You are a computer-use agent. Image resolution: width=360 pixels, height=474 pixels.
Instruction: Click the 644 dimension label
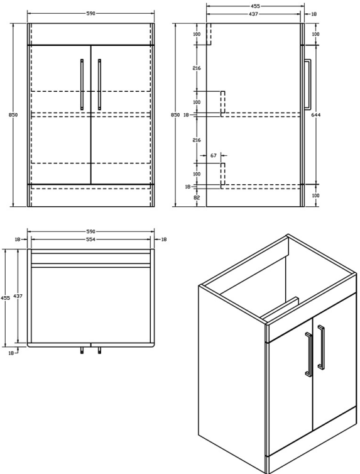pyautogui.click(x=315, y=115)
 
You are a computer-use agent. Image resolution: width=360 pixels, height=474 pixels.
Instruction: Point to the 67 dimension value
pyautogui.click(x=214, y=155)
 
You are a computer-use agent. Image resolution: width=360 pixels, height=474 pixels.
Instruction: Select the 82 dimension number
pyautogui.click(x=196, y=197)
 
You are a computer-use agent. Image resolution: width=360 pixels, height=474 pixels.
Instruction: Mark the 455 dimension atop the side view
pyautogui.click(x=255, y=6)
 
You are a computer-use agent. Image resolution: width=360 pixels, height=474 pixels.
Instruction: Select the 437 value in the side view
pyautogui.click(x=255, y=13)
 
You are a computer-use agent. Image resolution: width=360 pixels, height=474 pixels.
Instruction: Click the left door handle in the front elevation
pyautogui.click(x=82, y=84)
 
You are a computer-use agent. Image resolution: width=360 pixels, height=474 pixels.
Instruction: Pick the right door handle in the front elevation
pyautogui.click(x=99, y=84)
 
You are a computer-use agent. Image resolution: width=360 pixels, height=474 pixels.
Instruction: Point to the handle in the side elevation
pyautogui.click(x=308, y=84)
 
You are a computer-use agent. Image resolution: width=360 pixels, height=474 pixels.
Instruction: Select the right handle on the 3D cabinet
pyautogui.click(x=321, y=346)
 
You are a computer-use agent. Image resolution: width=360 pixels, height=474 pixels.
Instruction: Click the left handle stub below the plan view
pyautogui.click(x=82, y=351)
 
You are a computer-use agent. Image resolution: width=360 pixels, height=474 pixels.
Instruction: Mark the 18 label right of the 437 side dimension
pyautogui.click(x=314, y=13)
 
